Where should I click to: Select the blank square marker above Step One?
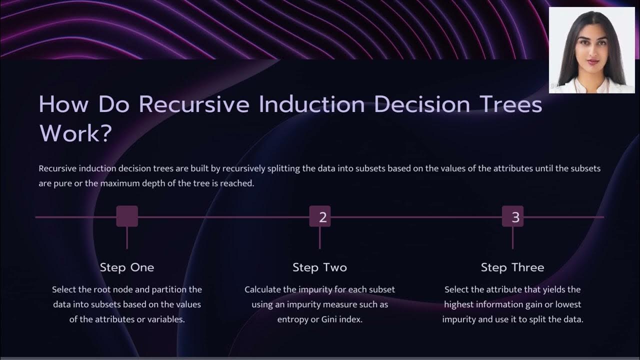click(x=127, y=216)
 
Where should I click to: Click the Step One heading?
click(x=127, y=267)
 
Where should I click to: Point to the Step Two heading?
click(x=319, y=267)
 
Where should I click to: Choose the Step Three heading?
click(x=512, y=267)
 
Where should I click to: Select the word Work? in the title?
click(x=75, y=133)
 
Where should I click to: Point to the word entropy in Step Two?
click(x=295, y=319)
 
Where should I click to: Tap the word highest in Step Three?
click(x=459, y=304)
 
